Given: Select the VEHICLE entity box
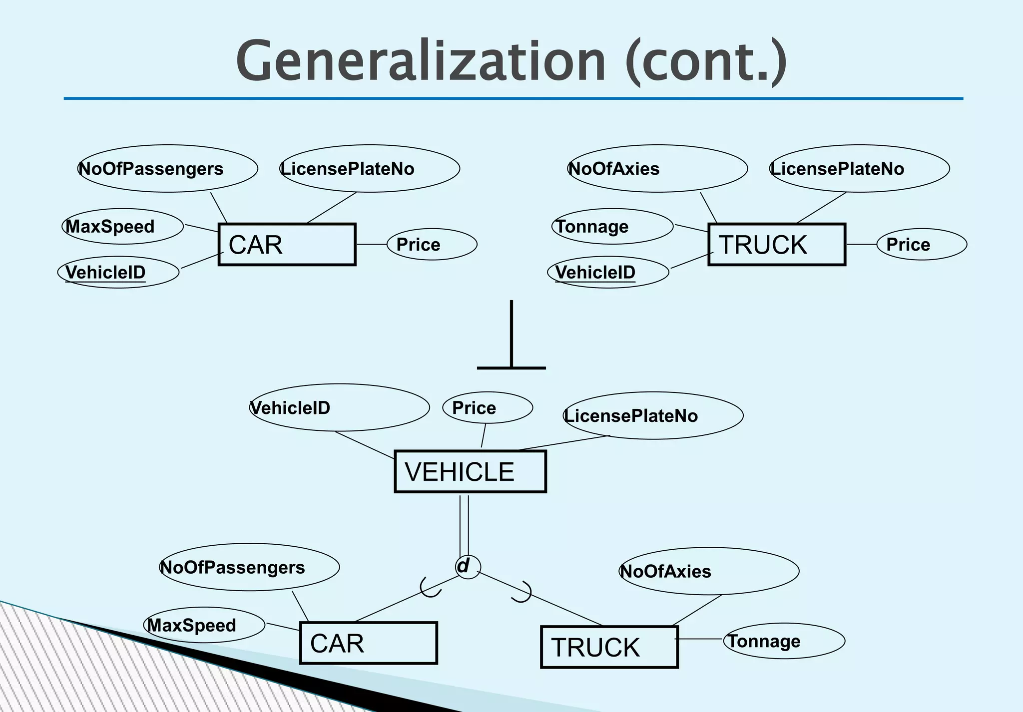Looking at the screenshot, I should (x=470, y=472).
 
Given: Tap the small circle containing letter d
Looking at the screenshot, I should (x=468, y=567).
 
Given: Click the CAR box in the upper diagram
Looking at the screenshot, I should (x=287, y=245).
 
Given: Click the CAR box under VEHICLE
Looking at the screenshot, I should (x=368, y=643).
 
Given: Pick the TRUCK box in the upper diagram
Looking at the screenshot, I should (x=776, y=245).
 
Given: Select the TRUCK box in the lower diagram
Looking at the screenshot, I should (x=609, y=647).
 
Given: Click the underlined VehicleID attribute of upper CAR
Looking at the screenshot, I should (x=118, y=273).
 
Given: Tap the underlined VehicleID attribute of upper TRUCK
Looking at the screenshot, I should (x=608, y=273).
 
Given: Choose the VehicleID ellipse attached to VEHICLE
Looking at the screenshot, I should (x=339, y=408).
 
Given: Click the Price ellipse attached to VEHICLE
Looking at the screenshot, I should (x=487, y=408).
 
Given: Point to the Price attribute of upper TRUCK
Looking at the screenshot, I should (x=922, y=245).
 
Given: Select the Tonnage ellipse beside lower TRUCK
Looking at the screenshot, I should (x=784, y=641).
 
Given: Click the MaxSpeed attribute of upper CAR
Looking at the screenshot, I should (x=122, y=227).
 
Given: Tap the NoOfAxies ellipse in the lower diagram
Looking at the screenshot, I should (x=708, y=571).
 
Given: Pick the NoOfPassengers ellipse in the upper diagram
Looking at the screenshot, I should (x=167, y=169).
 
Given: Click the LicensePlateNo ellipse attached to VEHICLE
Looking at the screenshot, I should (x=652, y=416).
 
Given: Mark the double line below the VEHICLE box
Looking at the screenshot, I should (x=464, y=524).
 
